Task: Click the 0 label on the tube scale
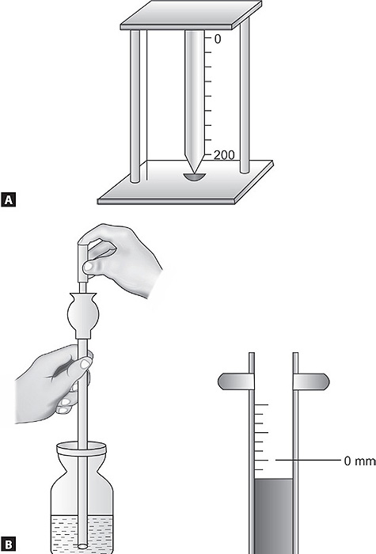pyautogui.click(x=218, y=39)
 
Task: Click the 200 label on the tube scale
pyautogui.click(x=224, y=155)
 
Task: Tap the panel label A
pyautogui.click(x=9, y=199)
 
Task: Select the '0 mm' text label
pyautogui.click(x=359, y=461)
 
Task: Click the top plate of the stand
pyautogui.click(x=192, y=15)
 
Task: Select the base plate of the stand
pyautogui.click(x=185, y=184)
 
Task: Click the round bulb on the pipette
pyautogui.click(x=83, y=314)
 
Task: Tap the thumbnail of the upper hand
pyautogui.click(x=89, y=266)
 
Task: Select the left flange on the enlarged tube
pyautogui.click(x=236, y=381)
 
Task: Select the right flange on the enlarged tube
pyautogui.click(x=311, y=381)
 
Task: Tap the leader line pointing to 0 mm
pyautogui.click(x=308, y=460)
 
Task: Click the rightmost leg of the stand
pyautogui.click(x=245, y=96)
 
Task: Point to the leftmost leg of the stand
pyautogui.click(x=135, y=106)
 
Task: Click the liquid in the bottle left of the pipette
pyautogui.click(x=64, y=533)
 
